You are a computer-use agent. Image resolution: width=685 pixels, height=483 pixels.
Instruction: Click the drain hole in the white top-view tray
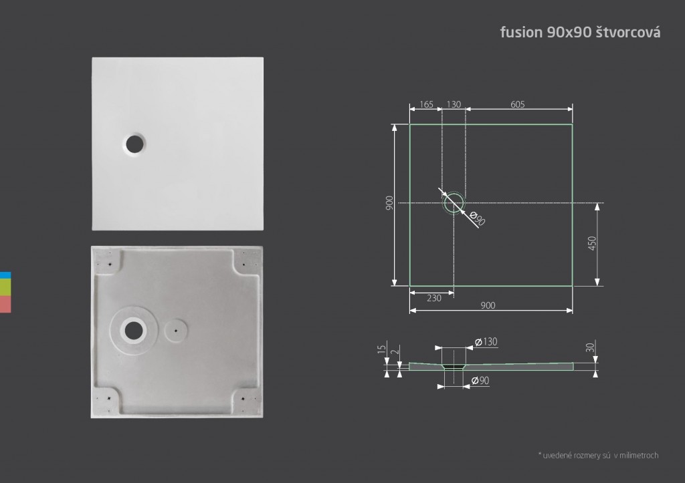[x=134, y=144]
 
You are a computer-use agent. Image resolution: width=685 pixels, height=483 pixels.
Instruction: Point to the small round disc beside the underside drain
[x=176, y=331]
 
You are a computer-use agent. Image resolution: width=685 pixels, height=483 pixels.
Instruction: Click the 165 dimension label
[x=426, y=104]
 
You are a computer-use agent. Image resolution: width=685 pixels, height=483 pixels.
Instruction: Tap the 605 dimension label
[x=518, y=104]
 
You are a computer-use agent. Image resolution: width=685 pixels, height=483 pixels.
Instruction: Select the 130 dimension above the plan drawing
[x=454, y=104]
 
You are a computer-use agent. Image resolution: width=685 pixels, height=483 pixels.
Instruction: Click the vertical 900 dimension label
[x=389, y=203]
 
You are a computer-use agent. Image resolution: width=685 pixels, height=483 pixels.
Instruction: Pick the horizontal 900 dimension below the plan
[x=488, y=305]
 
